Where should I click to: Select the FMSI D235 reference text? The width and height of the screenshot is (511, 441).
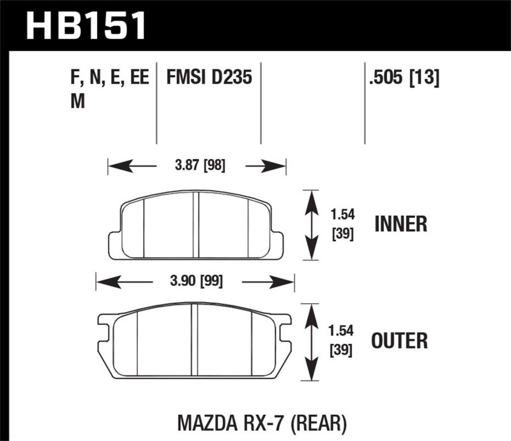tap(210, 78)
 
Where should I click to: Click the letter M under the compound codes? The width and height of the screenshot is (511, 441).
tap(77, 102)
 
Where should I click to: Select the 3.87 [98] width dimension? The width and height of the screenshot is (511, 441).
tap(196, 167)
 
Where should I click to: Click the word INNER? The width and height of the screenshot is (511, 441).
tap(400, 224)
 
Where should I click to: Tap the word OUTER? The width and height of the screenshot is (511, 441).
tap(400, 340)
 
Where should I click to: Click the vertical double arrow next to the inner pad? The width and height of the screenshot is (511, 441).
tap(311, 225)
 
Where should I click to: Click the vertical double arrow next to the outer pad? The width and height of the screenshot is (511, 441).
tap(311, 341)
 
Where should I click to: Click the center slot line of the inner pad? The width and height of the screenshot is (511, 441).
tap(197, 225)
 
